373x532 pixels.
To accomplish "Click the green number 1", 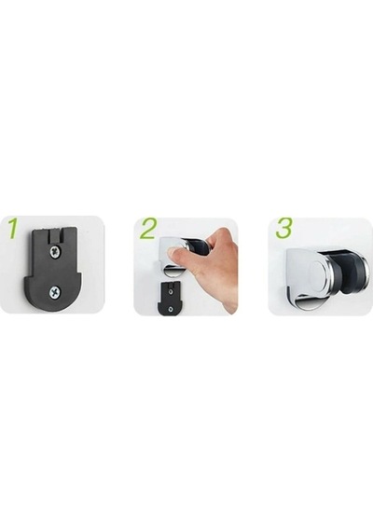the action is click(x=12, y=228).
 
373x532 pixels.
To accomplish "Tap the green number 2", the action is click(x=147, y=229).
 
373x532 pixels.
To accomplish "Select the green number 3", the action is click(x=283, y=229).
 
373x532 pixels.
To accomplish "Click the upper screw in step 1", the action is click(x=54, y=251).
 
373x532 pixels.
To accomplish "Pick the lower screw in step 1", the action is click(x=54, y=291).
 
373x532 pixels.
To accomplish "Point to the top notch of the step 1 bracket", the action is click(x=56, y=235).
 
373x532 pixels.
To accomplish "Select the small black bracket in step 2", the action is click(x=170, y=299).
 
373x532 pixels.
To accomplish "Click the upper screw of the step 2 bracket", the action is click(x=171, y=291).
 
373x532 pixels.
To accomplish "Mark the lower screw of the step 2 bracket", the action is click(x=171, y=308).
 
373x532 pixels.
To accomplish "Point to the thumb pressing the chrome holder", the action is click(x=178, y=255).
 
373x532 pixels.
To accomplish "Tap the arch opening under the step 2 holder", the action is click(x=174, y=273).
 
